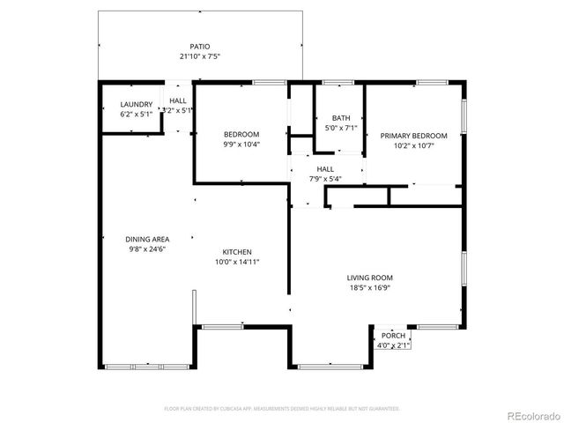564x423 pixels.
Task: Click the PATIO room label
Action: point(200,47)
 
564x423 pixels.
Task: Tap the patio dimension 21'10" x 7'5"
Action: point(200,57)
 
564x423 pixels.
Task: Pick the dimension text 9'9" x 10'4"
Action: point(241,144)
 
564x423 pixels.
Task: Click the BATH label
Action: point(341,118)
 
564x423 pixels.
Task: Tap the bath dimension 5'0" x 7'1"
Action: point(341,129)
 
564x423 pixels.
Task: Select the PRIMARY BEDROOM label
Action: point(413,136)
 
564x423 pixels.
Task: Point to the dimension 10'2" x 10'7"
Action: point(413,146)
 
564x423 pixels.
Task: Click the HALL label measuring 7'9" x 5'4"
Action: point(325,168)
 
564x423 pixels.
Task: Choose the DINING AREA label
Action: point(147,239)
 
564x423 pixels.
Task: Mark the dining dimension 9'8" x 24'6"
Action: point(147,249)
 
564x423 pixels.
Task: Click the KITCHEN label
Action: point(237,251)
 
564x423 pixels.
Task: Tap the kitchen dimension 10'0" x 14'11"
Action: point(237,262)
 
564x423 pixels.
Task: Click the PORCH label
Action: point(394,336)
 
